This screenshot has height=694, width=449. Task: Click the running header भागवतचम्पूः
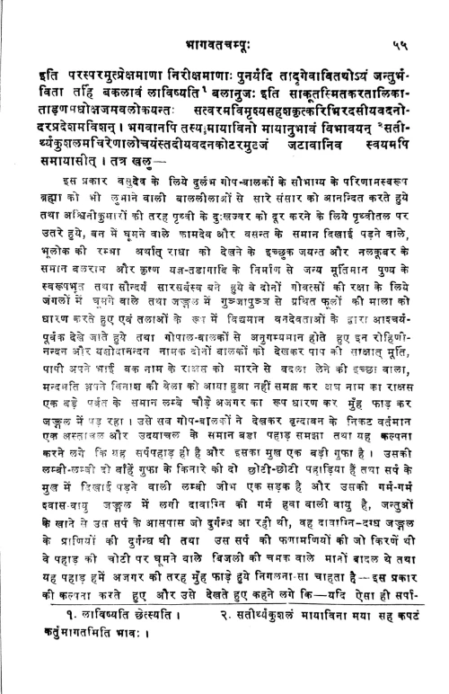point(224,16)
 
